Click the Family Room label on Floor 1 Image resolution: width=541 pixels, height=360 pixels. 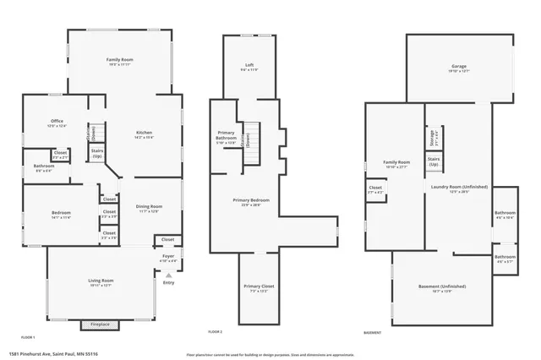pos(120,61)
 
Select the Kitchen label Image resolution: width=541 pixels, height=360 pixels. pos(145,134)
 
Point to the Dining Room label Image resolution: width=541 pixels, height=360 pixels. pos(149,208)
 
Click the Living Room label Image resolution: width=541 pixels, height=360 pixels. pos(101,282)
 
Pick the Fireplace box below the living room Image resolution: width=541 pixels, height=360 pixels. pos(100,325)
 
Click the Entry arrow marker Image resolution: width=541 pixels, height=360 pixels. pos(169,275)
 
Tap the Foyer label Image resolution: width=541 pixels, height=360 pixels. pos(168,258)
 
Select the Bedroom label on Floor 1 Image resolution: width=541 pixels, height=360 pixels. pos(61,214)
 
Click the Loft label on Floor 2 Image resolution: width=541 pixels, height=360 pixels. pos(249,65)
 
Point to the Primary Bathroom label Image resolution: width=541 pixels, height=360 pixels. pos(226,135)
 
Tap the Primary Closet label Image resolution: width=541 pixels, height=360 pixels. pos(253,288)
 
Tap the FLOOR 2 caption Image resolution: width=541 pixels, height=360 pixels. pos(215,332)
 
